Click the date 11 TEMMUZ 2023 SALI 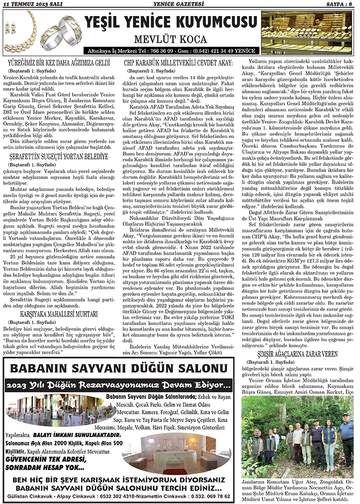(x=31, y=4)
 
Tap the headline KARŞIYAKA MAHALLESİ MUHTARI (x=60, y=314)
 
